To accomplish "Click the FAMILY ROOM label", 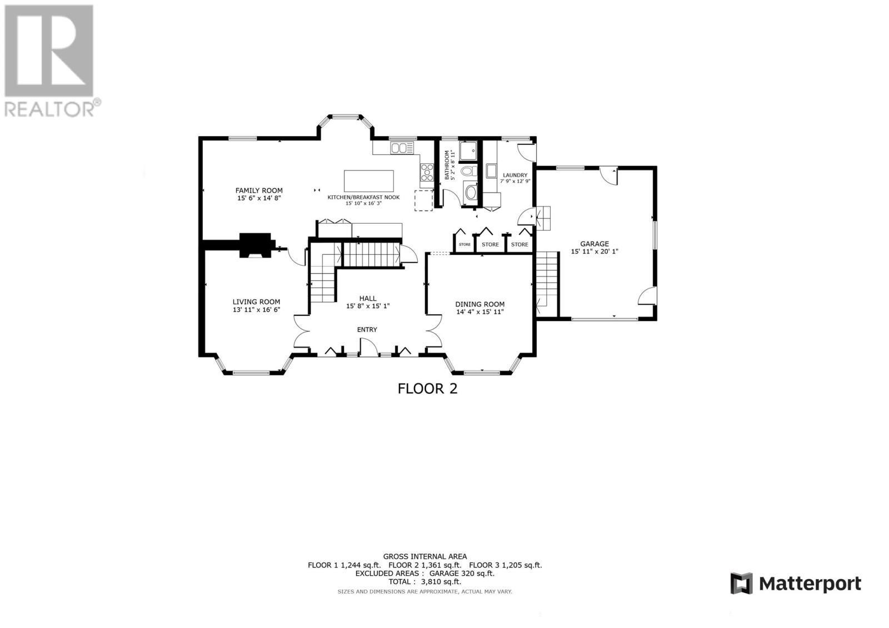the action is pos(259,190).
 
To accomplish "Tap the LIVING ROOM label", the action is pos(256,302).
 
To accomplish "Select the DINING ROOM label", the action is pos(480,304).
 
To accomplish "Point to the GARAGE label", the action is pos(595,244).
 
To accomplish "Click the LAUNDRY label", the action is pos(515,175).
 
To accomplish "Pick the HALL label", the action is pos(368,298).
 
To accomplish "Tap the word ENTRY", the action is pos(367,330).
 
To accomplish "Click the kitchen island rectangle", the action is pos(369,181).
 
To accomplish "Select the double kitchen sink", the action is pos(402,148).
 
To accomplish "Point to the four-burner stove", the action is pos(427,173).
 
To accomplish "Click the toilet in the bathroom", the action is pos(469,172).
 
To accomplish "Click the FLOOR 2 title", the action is pos(427,388).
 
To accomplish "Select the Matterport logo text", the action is pos(810,584).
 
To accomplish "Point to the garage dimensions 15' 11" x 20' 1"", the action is pos(595,252).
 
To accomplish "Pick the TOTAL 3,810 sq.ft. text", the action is pos(424,582).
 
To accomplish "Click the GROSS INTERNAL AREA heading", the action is pos(424,556).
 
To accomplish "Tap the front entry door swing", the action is pos(368,346).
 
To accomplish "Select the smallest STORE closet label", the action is pos(465,244).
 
